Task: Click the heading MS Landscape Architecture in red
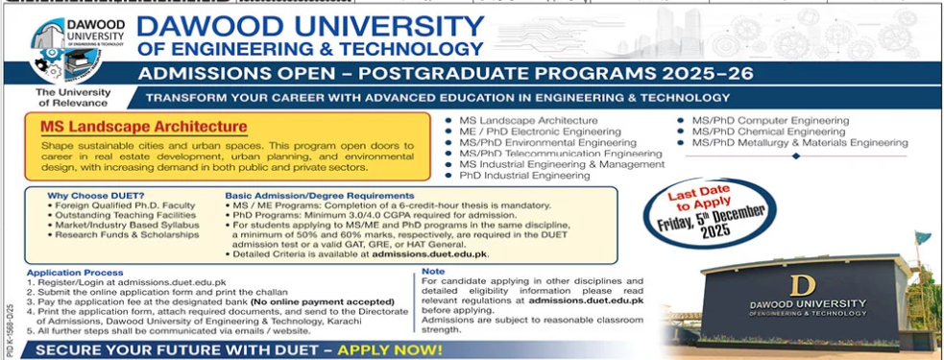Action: (143, 127)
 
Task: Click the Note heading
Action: (432, 273)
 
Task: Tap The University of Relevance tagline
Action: (73, 97)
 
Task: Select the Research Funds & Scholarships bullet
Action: (118, 234)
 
